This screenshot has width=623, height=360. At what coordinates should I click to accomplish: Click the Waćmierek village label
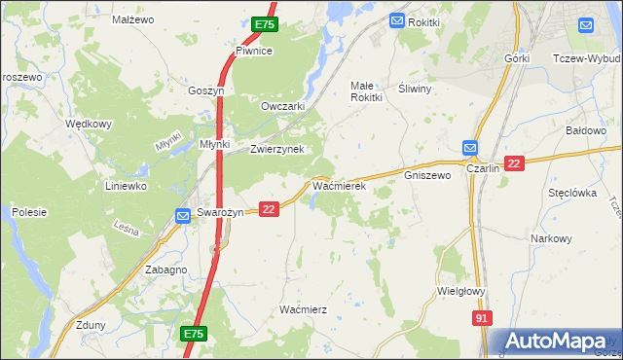pos(338,185)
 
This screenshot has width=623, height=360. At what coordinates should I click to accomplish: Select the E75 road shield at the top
pos(264,24)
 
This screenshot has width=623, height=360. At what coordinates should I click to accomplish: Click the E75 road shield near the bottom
pos(194,334)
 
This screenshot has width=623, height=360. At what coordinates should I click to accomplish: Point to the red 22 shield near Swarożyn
pos(270,208)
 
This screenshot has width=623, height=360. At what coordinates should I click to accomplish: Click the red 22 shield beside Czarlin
pos(515,162)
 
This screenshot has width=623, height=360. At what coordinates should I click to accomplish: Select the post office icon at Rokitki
pos(397,20)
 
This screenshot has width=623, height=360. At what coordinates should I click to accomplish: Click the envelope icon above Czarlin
pos(470,147)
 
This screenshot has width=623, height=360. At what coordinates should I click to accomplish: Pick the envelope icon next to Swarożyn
pos(182,216)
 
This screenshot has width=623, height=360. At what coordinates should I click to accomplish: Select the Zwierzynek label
pos(277,150)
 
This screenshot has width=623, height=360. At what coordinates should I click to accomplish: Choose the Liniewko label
pos(126,185)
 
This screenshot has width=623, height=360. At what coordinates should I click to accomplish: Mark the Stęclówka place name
pos(571,193)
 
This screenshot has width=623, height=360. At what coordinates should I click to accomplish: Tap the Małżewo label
pos(133,19)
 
